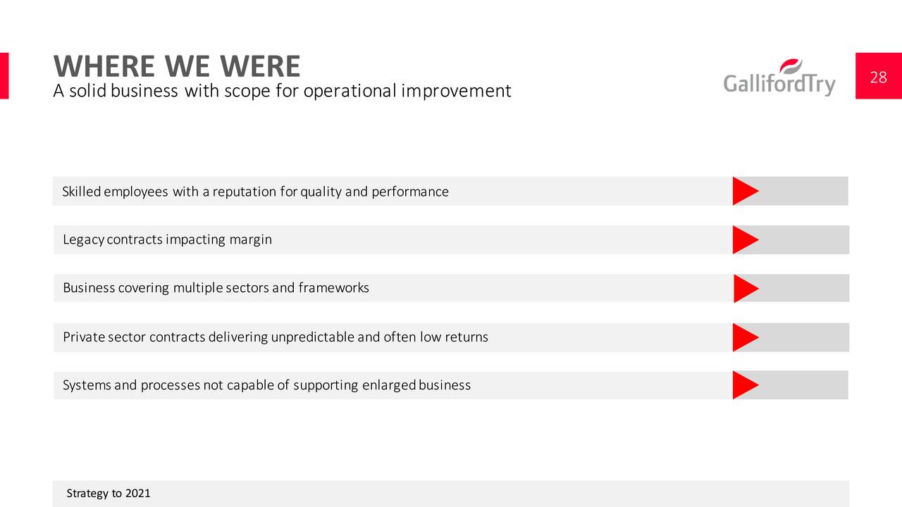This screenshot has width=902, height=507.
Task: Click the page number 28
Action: point(878,77)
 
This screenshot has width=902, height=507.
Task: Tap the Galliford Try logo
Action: point(779,77)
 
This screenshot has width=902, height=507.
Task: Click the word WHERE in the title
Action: point(104,66)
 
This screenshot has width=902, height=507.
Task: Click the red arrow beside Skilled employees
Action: point(746,191)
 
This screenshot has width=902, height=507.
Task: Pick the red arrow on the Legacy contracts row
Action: point(746,240)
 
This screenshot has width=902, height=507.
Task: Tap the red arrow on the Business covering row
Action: point(746,289)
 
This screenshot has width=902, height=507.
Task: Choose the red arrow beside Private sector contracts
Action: point(746,337)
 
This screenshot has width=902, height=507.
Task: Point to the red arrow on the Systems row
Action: point(746,385)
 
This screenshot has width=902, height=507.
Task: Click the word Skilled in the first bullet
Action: point(81,192)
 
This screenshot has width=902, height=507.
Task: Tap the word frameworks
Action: point(333,288)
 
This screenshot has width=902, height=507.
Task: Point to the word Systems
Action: point(87,385)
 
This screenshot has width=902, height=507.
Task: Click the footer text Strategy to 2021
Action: point(109,494)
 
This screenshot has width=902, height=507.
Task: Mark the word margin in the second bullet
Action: point(250,240)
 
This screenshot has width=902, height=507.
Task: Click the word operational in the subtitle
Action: point(350,91)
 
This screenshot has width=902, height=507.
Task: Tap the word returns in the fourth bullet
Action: point(467,337)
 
